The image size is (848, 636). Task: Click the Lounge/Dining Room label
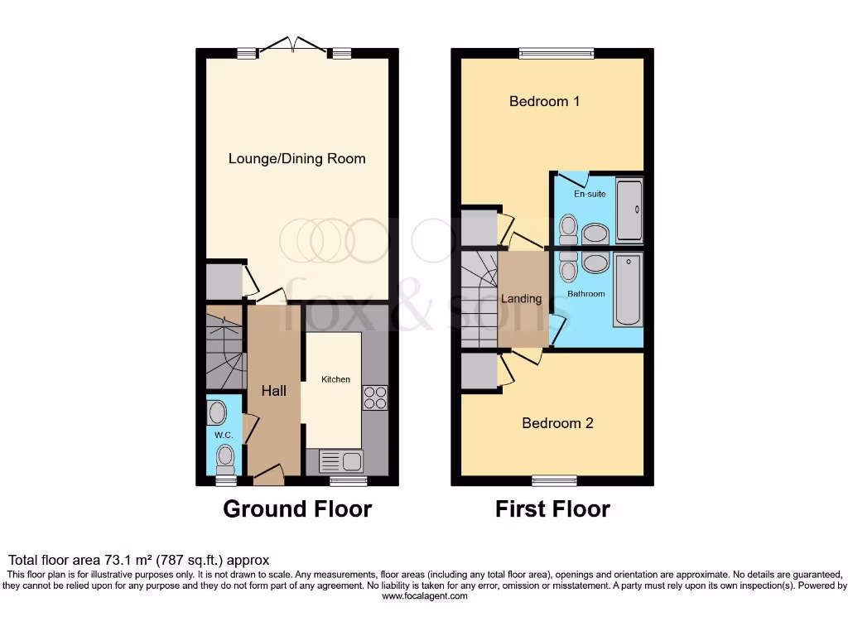(x=296, y=158)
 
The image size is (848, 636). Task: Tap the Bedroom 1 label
(x=544, y=101)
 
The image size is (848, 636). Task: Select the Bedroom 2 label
(x=557, y=423)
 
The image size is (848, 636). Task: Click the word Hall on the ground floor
(x=274, y=390)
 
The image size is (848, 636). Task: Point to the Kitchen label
(x=335, y=379)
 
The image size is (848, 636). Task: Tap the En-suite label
(x=590, y=194)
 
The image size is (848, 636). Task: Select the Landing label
(x=522, y=299)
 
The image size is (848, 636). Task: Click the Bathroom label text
(x=585, y=294)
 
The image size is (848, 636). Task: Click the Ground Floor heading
(x=297, y=508)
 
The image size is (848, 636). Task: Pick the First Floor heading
(x=552, y=508)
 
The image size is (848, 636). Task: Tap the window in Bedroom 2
(x=554, y=479)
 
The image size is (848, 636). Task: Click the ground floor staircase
(x=221, y=348)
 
